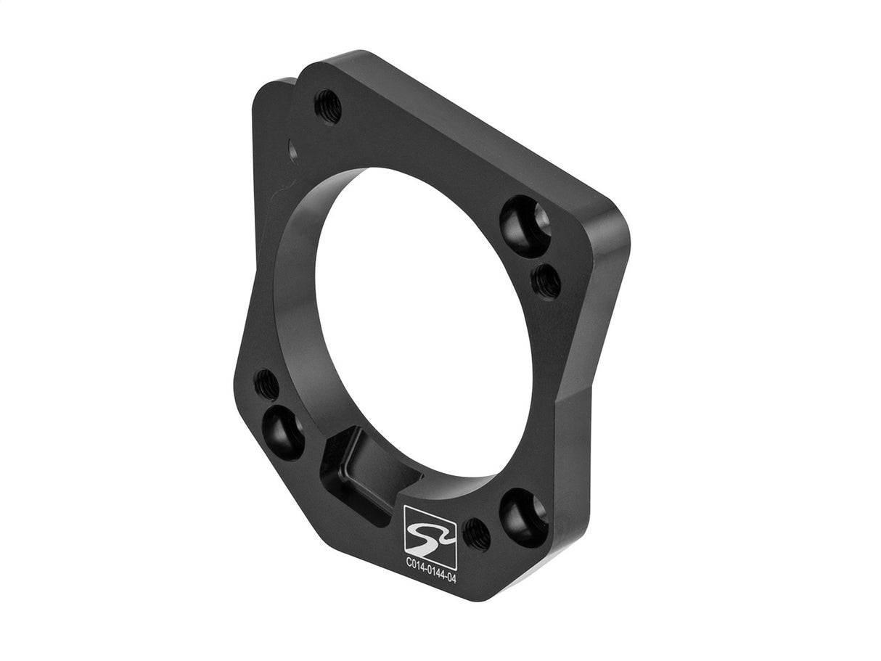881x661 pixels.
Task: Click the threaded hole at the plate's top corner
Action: (x=327, y=107)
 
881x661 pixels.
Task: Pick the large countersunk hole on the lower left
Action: (x=284, y=432)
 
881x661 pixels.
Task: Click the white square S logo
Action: (x=430, y=536)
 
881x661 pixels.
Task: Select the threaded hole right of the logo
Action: (x=476, y=535)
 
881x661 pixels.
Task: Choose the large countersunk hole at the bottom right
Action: (x=523, y=516)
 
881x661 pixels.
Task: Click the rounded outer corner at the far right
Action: (x=619, y=232)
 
